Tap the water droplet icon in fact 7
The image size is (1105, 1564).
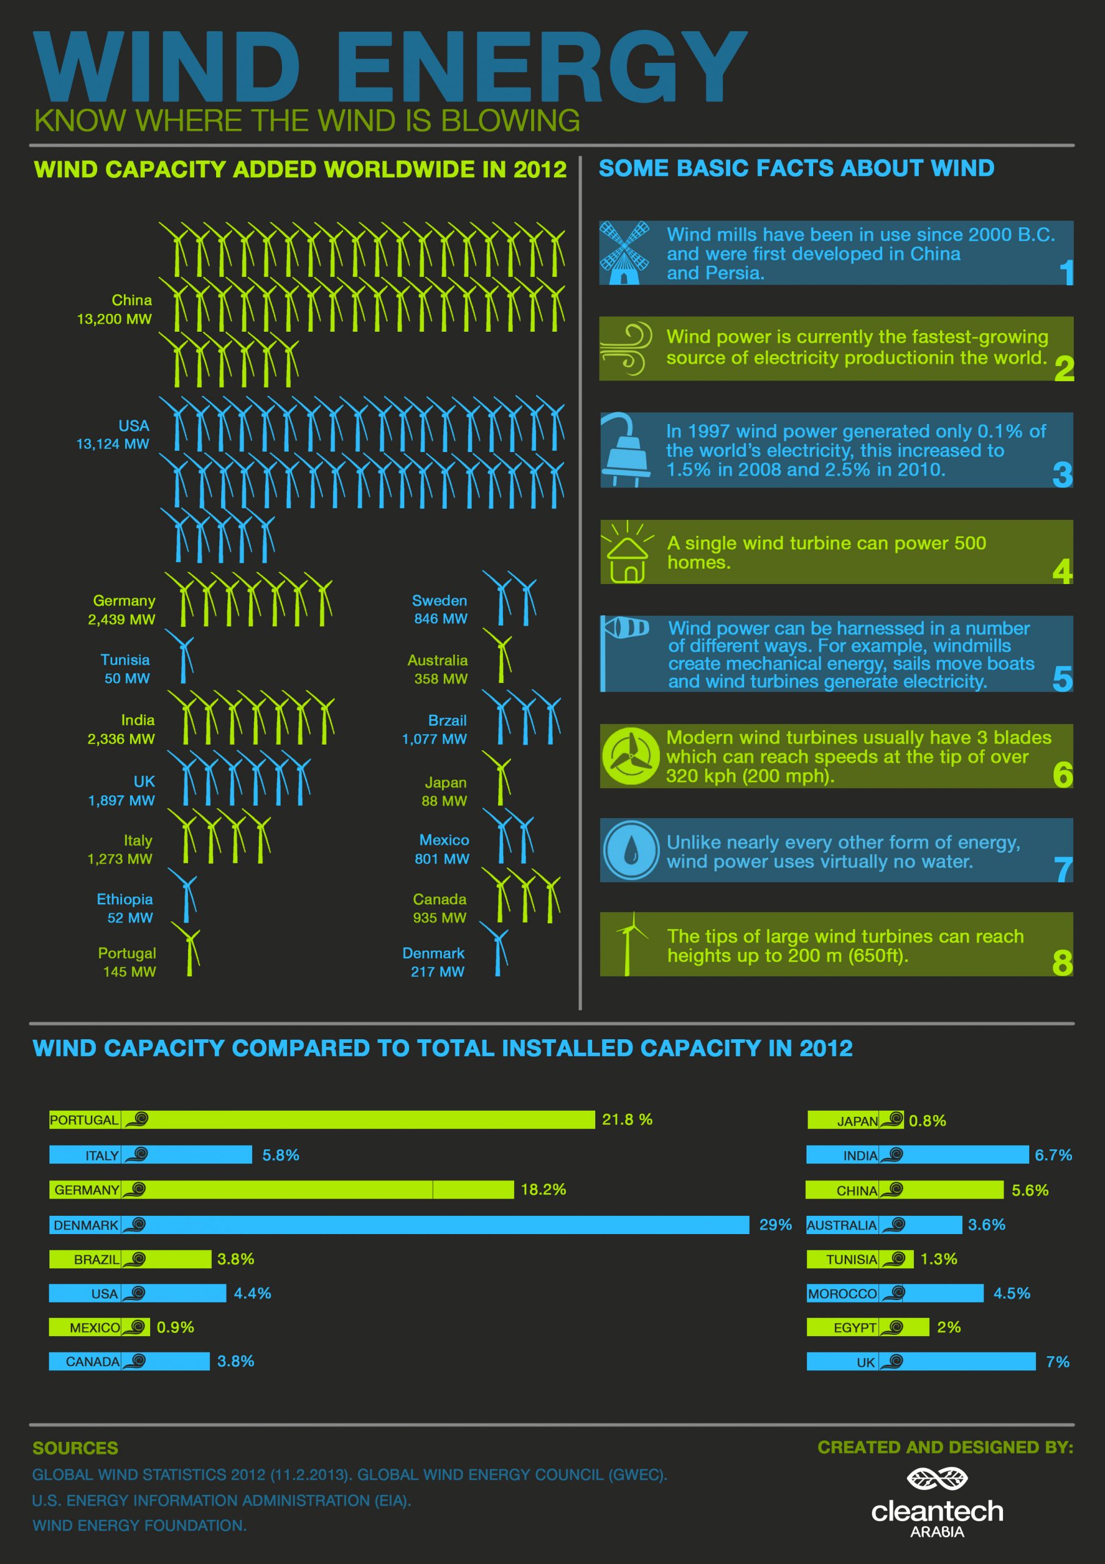coord(631,850)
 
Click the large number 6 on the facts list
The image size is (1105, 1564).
coord(1062,774)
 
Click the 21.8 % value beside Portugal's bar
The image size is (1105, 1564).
coord(627,1119)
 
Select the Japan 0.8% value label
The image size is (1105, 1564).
coord(927,1120)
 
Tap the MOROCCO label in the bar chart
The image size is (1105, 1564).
coord(842,1293)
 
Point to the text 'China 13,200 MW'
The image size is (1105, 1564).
coord(114,309)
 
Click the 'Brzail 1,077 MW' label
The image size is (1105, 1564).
coord(435,729)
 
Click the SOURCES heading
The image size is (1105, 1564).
coord(76,1448)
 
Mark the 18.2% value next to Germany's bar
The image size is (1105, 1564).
coord(543,1189)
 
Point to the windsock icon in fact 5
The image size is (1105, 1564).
coord(626,627)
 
